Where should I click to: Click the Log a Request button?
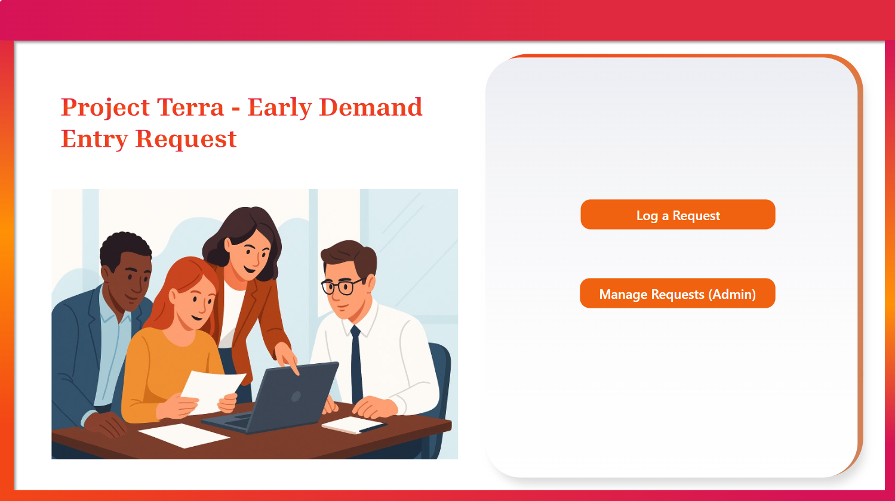click(678, 214)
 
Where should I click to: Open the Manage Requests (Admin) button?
click(677, 293)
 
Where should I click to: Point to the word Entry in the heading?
click(94, 140)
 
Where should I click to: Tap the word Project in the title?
click(106, 108)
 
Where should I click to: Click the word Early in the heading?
click(279, 108)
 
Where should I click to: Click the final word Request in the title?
click(186, 140)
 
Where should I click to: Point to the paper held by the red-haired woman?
click(213, 391)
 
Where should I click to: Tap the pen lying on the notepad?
click(373, 428)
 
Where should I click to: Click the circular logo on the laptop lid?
click(296, 397)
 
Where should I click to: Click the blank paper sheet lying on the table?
click(184, 435)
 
